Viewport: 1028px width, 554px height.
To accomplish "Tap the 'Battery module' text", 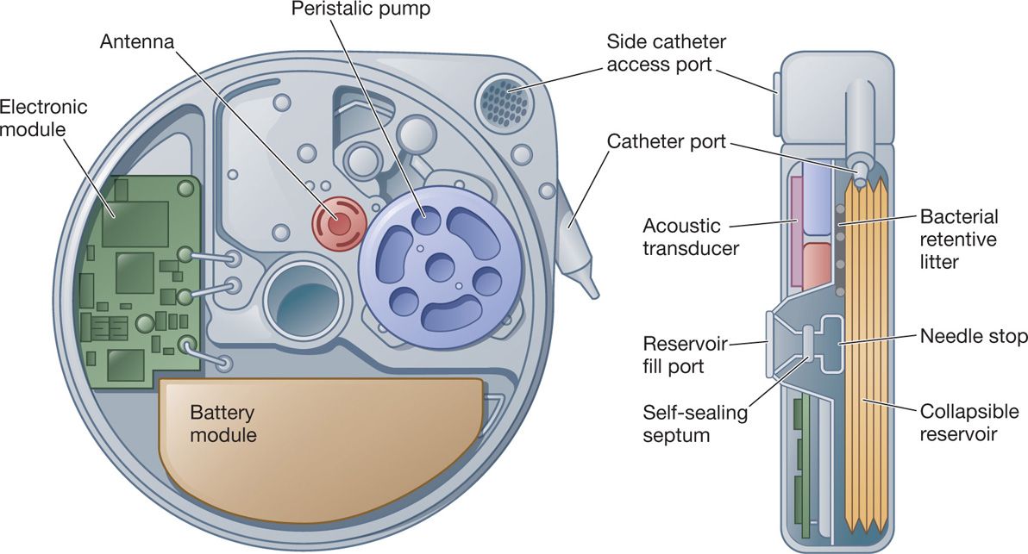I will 223,423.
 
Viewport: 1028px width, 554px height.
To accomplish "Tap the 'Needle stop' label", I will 973,336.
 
